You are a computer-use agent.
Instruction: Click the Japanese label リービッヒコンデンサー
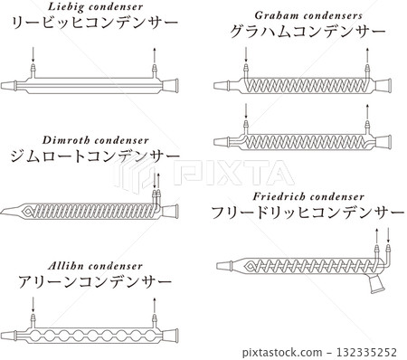(x=90, y=25)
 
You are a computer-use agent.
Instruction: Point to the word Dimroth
(x=62, y=142)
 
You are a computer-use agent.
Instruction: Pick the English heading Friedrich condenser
(x=309, y=195)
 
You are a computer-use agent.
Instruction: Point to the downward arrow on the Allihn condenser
(x=33, y=318)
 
